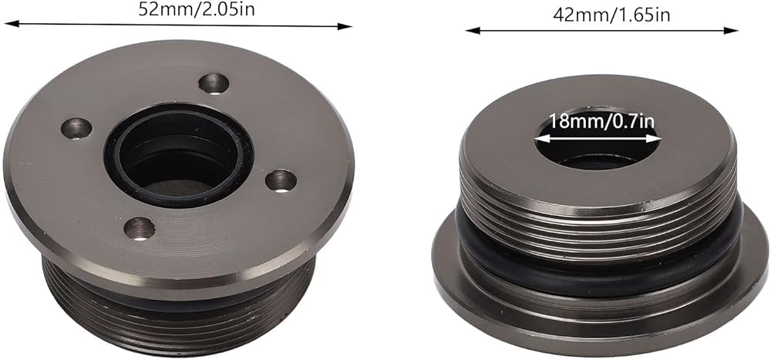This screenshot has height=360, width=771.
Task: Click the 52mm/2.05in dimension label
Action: (196, 8)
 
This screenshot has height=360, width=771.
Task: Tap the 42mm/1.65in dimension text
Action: (611, 15)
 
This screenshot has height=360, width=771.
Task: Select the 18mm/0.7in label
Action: (601, 121)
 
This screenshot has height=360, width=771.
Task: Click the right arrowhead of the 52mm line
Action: (345, 26)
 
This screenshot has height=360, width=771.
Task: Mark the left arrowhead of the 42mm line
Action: (473, 31)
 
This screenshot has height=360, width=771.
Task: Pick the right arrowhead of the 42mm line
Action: (731, 31)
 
